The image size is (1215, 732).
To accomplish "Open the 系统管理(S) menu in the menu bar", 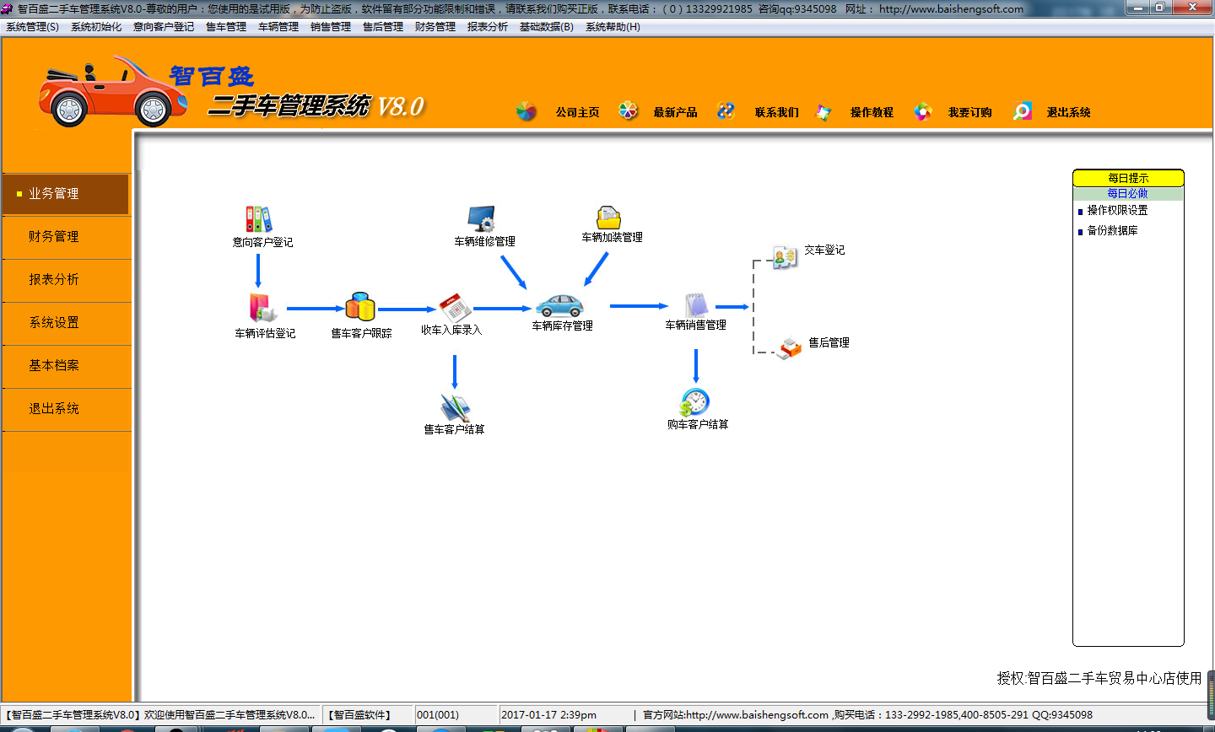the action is pos(33,27).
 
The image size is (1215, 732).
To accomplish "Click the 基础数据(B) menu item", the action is pos(546,27).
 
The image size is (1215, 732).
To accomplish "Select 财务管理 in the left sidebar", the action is pos(54,236).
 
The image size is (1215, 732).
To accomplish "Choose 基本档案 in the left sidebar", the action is pos(54,365).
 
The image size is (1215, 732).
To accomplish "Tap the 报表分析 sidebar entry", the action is pos(54,279).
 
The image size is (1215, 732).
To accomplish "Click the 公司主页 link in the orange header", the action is pos(578,112).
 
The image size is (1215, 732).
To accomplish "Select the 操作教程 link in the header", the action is pos(872,112).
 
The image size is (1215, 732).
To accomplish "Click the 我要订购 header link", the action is pos(969,112).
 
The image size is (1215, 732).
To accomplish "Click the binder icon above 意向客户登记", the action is pos(259,219).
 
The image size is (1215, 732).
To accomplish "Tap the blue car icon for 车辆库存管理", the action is pos(559,305).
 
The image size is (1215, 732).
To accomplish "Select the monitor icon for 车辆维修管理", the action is pos(482,218).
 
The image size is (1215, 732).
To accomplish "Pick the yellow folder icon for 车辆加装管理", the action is pos(608,218).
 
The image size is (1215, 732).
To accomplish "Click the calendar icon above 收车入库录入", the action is pos(455,307).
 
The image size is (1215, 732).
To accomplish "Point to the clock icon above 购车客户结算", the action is pos(694,401).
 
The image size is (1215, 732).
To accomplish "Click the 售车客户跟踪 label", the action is pos(361,333).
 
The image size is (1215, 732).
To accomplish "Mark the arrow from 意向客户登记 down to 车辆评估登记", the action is pos(257,271).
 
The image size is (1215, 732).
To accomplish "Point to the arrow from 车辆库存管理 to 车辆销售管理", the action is pos(639,306).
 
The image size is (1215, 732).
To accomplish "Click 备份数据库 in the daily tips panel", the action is pos(1112,230).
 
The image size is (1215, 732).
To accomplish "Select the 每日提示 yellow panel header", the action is pos(1128,178).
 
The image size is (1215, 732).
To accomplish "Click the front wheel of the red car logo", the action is pos(69,110).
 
